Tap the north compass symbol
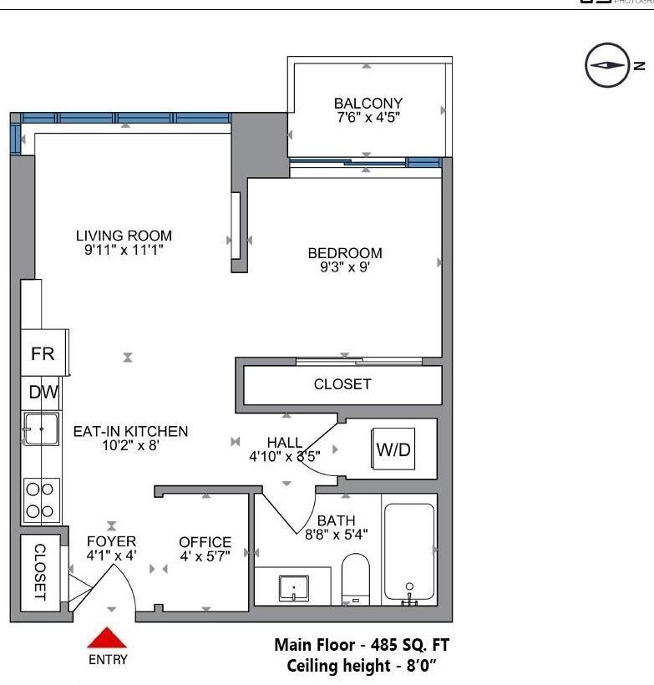(606, 65)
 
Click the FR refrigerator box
(43, 353)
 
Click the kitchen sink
(40, 429)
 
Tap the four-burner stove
(40, 500)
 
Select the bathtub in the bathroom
(408, 552)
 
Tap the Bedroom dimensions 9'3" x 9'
(344, 268)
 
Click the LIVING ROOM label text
(124, 236)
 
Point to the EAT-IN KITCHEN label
(130, 431)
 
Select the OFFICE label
(205, 542)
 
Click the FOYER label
(111, 541)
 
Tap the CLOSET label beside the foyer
(39, 573)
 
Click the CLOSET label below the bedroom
(342, 384)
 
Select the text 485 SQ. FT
(409, 646)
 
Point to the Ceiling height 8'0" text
(362, 666)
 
